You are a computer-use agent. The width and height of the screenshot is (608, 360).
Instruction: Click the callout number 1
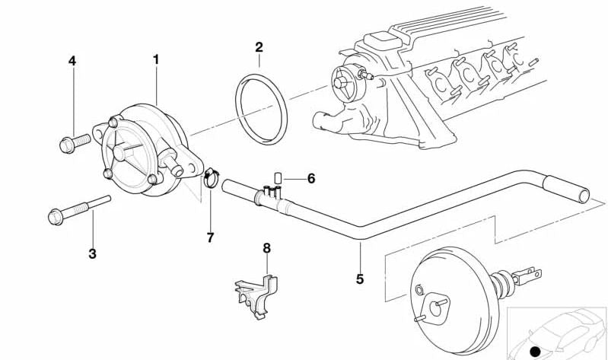156,59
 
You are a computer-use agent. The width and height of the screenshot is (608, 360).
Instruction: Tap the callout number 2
259,47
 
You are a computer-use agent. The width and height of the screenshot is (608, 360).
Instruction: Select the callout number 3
92,254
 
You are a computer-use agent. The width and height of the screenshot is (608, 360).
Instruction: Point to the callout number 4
72,60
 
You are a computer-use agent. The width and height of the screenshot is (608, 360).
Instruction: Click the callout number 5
360,279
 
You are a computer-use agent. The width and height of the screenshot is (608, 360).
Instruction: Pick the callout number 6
311,179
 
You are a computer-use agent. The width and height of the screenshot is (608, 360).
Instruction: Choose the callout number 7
210,237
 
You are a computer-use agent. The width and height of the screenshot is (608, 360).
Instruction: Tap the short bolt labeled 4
73,141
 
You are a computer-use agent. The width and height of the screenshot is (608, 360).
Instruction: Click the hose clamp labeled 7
210,180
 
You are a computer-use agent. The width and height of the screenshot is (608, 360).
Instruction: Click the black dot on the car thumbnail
536,351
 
